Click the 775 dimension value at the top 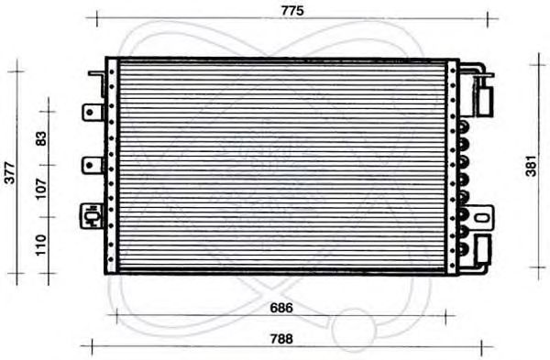pos(292,11)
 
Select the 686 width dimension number pos(281,308)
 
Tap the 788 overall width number pos(281,339)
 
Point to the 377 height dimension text pos(10,173)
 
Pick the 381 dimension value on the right pos(532,166)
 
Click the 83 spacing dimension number pos(41,138)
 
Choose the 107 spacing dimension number pos(41,189)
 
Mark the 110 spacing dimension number pos(41,245)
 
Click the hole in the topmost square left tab pos(90,112)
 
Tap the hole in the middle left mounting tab pos(90,165)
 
